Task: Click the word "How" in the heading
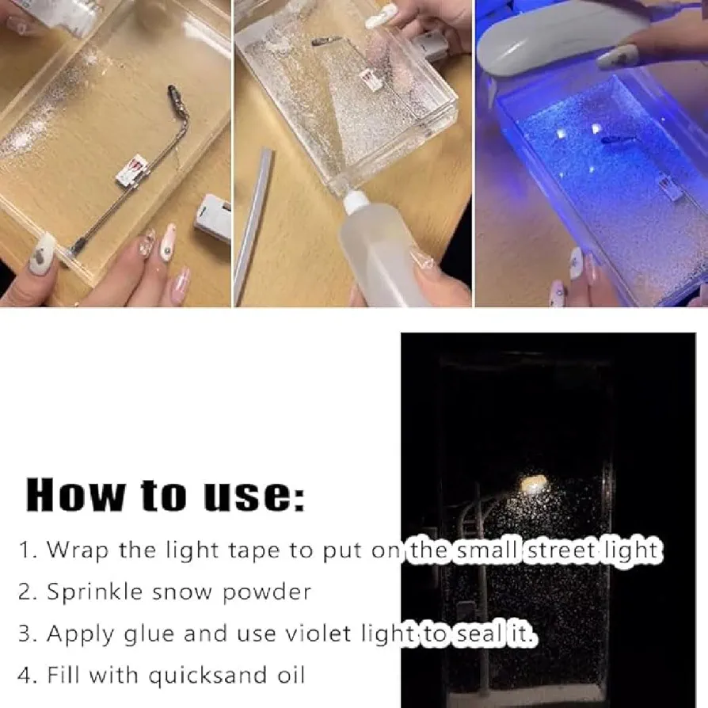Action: pos(75,494)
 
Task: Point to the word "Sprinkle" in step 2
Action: pos(95,592)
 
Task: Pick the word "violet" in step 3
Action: pos(318,634)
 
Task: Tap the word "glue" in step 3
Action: pos(149,634)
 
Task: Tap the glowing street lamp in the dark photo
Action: pos(534,484)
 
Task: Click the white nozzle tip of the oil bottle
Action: pos(356,201)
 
